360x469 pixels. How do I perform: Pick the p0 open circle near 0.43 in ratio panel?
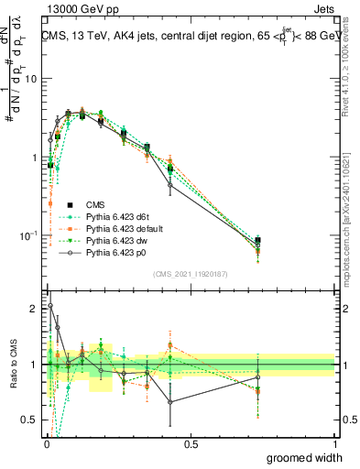point(170,401)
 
